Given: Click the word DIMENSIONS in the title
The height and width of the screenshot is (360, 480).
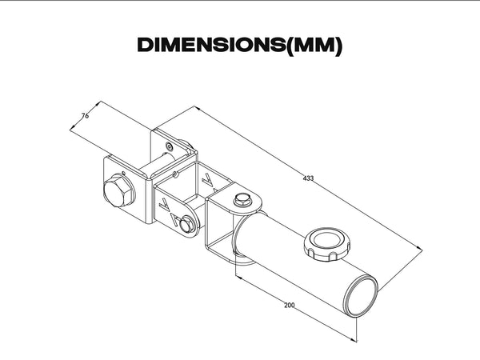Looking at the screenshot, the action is coord(211,45).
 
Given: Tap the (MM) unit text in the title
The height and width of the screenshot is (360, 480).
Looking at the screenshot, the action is coord(314,46).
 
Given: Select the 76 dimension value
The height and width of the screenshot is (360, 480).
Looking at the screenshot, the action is coord(85,116).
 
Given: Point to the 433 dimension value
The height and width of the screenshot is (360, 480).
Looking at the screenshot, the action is coord(308,178).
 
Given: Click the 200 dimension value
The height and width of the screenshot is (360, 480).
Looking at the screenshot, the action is coord(290,306).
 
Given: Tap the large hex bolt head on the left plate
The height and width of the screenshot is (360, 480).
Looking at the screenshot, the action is coord(118,190).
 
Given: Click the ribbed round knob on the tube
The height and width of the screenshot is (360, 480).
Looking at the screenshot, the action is coord(327,244).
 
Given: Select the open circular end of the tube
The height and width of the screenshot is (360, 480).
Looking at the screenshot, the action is coord(362,295).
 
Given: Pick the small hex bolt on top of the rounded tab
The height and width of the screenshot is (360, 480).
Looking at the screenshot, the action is coord(242,200).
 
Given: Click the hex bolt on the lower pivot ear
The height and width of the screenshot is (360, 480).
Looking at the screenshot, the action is coord(187,224).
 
